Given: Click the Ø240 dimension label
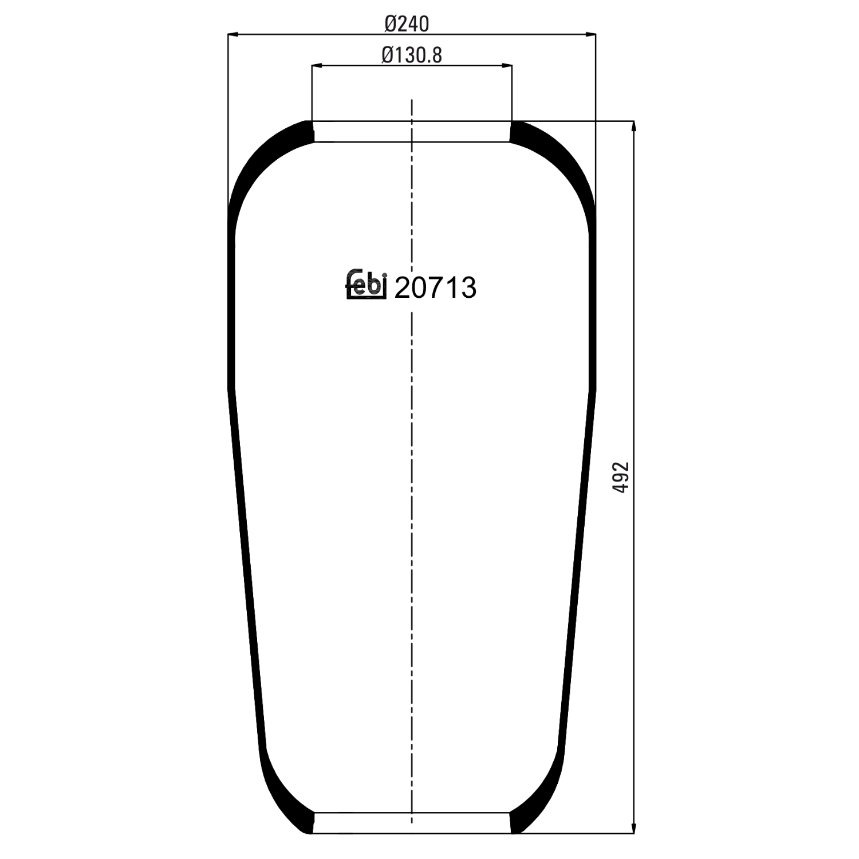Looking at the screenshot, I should (x=407, y=23).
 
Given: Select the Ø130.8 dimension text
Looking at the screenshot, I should (x=412, y=55).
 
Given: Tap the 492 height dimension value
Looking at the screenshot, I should (x=621, y=477).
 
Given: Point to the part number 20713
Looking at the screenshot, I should (x=435, y=287).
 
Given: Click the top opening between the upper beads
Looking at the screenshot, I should (x=412, y=132).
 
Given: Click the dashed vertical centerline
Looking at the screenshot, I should (x=412, y=515).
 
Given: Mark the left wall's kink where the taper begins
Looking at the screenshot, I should (x=232, y=389).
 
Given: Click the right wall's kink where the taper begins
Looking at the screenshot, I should (x=592, y=389).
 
